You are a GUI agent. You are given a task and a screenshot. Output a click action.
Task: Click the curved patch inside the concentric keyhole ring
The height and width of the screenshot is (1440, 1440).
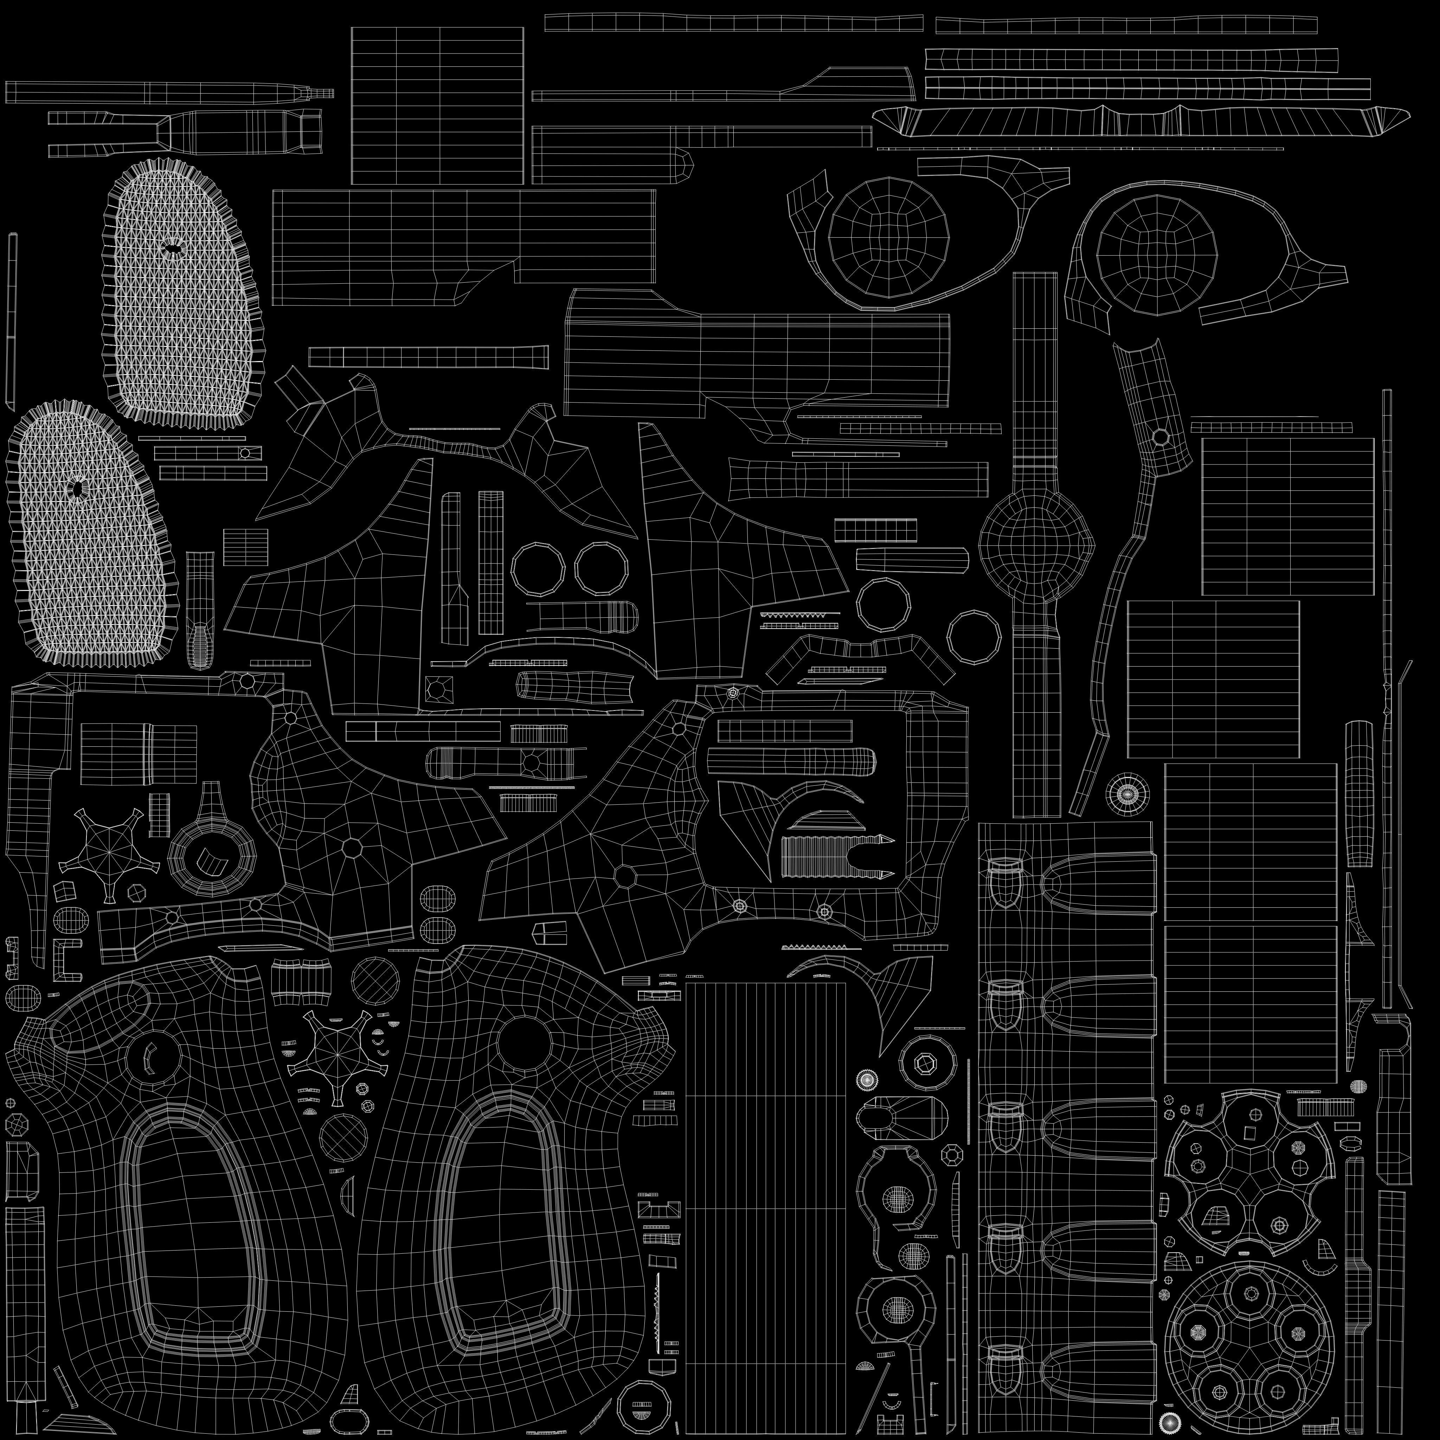pos(212,862)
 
